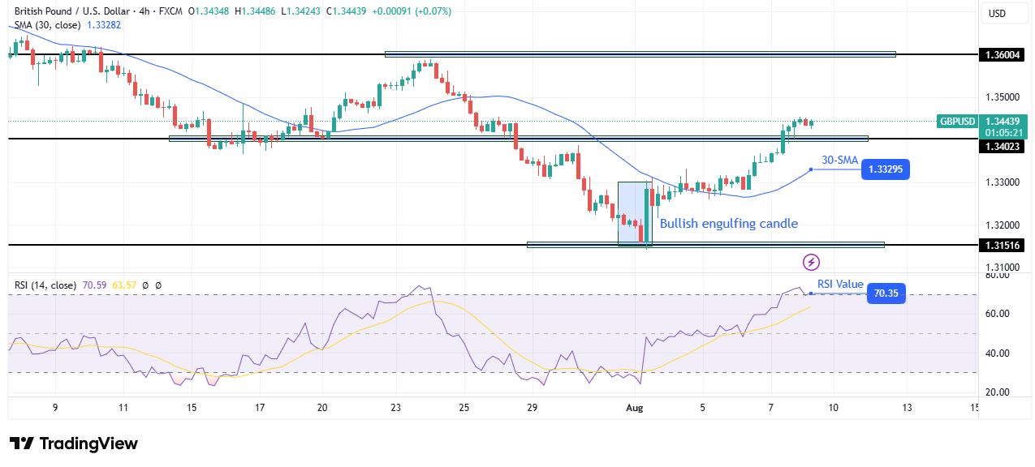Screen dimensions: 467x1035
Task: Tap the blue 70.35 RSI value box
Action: [x=886, y=293]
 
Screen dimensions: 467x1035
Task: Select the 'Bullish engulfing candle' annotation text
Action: [x=728, y=224]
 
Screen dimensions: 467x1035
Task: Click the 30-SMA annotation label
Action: [x=839, y=160]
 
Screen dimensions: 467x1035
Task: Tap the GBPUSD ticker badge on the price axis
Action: [x=957, y=122]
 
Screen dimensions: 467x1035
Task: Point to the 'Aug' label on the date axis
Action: [x=636, y=408]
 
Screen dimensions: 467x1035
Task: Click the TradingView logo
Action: [x=74, y=443]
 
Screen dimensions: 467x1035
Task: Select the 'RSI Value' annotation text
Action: [x=840, y=284]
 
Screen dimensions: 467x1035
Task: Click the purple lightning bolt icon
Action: [x=811, y=262]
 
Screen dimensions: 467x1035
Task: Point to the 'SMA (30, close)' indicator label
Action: [x=47, y=25]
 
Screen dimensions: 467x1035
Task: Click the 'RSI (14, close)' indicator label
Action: [x=45, y=285]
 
